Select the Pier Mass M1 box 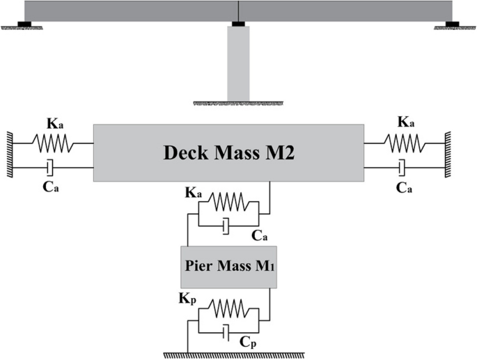(x=228, y=267)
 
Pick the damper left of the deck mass (x=49, y=167)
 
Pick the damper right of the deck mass (x=401, y=167)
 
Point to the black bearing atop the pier (x=238, y=26)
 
